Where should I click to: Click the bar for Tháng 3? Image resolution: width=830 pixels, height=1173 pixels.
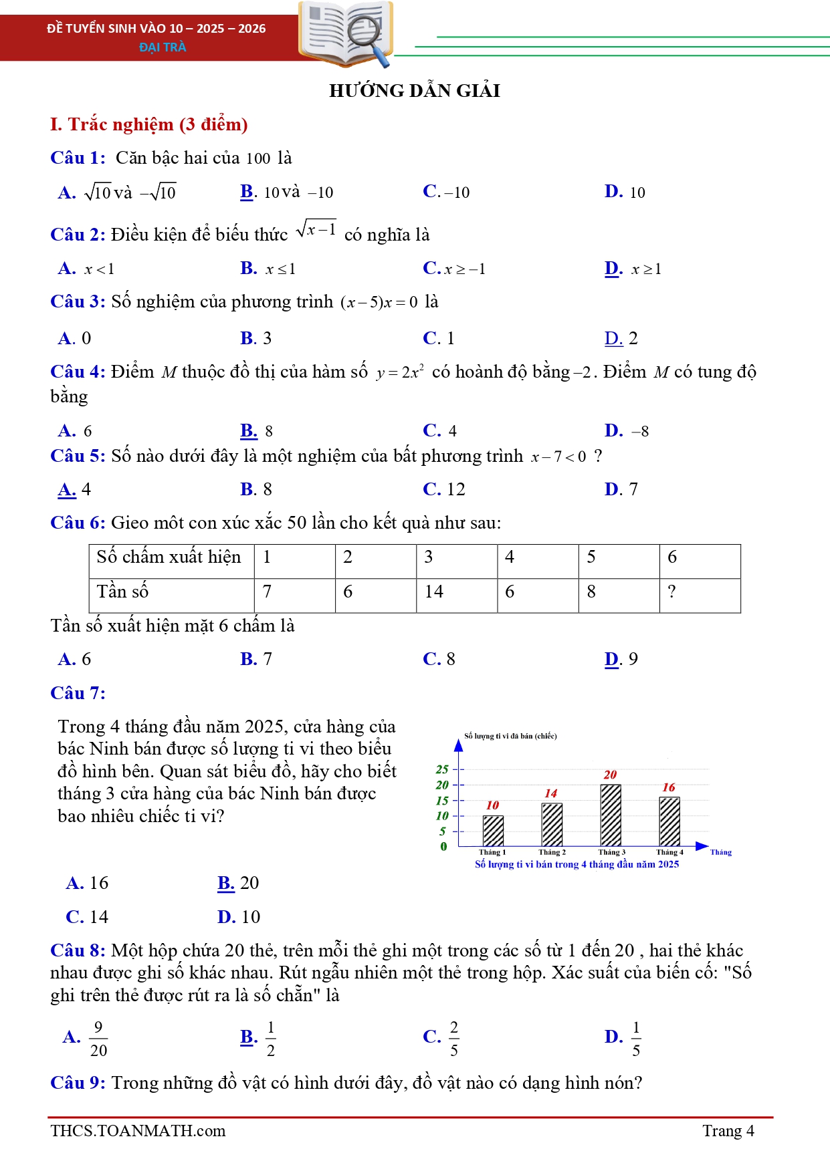click(x=610, y=815)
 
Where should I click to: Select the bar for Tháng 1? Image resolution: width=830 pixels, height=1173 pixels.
click(x=493, y=831)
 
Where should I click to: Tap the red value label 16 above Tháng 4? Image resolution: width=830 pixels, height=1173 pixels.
click(x=669, y=787)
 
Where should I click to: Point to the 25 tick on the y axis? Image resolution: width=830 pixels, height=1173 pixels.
click(x=442, y=769)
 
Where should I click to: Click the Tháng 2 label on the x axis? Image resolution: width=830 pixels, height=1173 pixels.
click(x=552, y=852)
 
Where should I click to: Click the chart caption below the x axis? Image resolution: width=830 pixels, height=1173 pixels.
click(x=577, y=864)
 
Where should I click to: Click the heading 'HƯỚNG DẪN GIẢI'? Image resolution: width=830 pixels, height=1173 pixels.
click(x=415, y=90)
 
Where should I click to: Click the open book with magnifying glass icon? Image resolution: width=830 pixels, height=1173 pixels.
click(x=345, y=33)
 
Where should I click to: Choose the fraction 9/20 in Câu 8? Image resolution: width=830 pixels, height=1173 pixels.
click(x=98, y=1038)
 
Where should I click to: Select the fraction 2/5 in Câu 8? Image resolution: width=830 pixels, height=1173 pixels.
click(x=454, y=1038)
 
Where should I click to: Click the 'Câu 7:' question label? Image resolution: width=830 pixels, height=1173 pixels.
click(x=78, y=693)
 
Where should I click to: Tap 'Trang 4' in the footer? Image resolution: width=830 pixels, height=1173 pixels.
click(x=728, y=1131)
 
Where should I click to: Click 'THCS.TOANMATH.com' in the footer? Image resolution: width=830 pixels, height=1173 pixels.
click(x=138, y=1131)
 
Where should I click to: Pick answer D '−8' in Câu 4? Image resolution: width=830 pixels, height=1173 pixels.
click(x=640, y=431)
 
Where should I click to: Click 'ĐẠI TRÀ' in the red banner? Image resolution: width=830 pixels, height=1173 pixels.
click(x=163, y=47)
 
